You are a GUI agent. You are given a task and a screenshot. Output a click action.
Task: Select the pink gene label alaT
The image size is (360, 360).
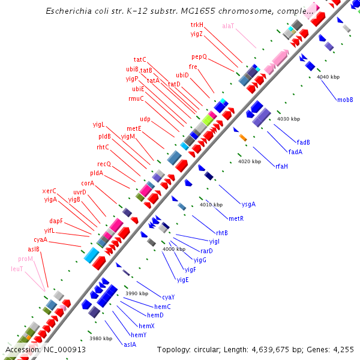click(229, 26)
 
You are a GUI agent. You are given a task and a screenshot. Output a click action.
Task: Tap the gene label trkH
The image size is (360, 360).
click(197, 25)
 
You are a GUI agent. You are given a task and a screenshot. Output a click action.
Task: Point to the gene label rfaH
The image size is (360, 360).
click(281, 166)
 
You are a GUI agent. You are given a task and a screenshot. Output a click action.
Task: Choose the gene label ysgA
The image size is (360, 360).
click(248, 204)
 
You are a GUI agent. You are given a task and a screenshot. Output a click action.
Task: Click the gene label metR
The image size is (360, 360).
click(236, 218)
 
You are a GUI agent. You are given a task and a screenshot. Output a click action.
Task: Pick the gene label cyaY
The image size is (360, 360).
click(169, 297)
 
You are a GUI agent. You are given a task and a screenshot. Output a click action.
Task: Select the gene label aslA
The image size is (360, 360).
click(130, 344)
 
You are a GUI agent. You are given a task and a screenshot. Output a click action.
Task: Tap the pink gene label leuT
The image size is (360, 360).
click(17, 269)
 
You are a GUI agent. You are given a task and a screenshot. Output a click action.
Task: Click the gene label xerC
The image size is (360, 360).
click(49, 191)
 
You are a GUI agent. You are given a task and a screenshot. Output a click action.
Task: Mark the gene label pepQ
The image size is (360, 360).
click(199, 56)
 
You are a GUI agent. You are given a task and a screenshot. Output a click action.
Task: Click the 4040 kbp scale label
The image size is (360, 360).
click(328, 77)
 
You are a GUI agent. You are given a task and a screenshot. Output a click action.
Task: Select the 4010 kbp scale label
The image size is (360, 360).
click(211, 205)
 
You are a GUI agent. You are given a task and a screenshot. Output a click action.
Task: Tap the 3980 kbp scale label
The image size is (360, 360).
click(101, 338)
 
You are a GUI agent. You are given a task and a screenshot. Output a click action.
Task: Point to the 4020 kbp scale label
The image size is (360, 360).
click(250, 161)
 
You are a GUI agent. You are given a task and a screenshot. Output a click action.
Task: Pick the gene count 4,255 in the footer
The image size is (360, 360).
click(343, 349)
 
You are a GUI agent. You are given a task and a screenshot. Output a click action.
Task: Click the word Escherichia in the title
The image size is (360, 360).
click(70, 11)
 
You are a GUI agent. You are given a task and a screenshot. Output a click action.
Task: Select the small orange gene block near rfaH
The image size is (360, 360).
click(243, 138)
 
